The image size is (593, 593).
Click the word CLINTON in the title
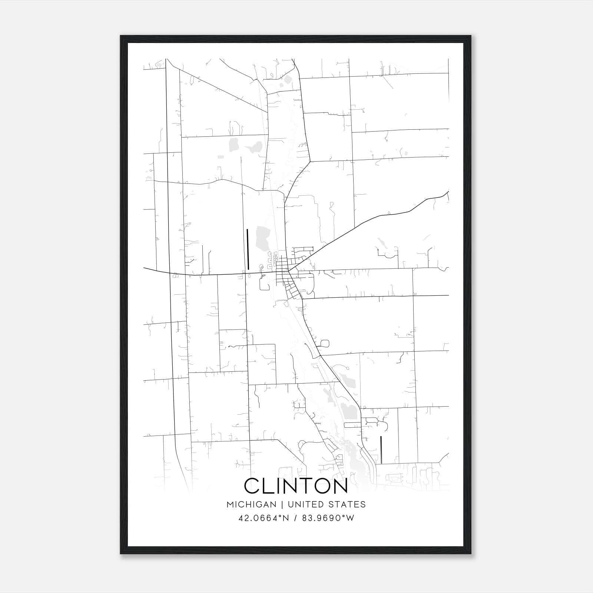tap(296, 486)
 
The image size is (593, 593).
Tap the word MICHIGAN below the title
tap(252, 504)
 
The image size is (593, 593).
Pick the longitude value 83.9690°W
tap(328, 518)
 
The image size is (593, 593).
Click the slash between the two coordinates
tap(295, 518)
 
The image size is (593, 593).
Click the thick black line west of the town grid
tap(248, 249)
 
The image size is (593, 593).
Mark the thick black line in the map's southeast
tap(381, 450)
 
